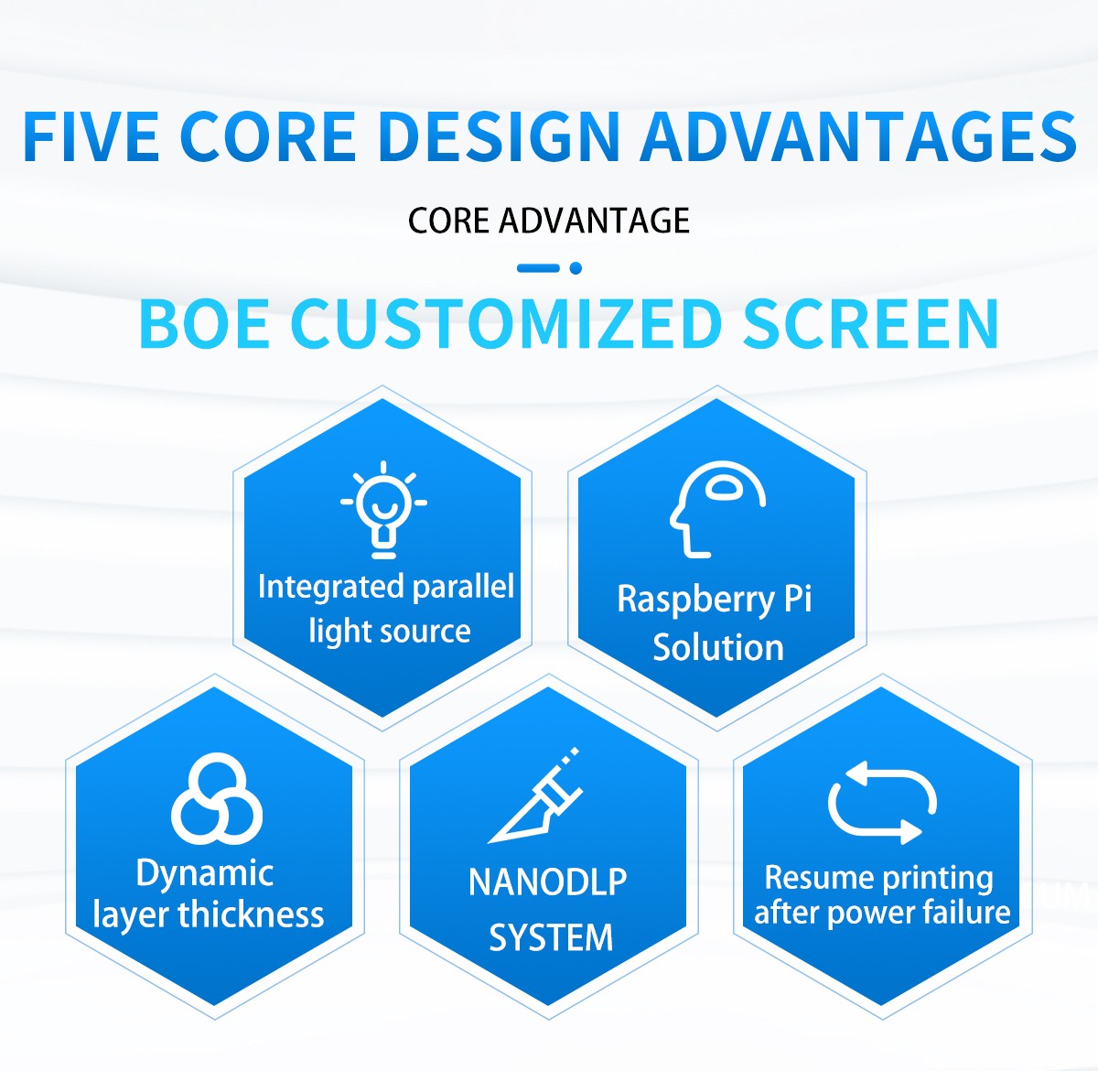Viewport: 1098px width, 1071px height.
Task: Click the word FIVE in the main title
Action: point(91,137)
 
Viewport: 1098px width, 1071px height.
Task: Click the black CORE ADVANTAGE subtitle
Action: point(548,221)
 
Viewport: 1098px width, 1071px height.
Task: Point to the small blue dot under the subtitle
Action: point(576,268)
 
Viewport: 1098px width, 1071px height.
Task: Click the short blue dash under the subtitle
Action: point(538,268)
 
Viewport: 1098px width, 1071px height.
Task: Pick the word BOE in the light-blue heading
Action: point(204,325)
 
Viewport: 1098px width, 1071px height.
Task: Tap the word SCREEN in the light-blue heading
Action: point(870,325)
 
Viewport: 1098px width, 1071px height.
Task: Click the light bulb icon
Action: point(383,510)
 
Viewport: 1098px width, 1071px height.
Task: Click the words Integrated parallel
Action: point(386,587)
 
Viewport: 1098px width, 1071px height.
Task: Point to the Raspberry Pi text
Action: point(715,600)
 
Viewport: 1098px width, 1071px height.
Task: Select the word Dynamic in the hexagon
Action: point(205,874)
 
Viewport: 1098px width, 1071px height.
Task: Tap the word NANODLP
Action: point(547,882)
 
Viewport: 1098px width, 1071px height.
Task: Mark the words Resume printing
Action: point(878,879)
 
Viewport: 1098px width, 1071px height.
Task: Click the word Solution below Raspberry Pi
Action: point(718,647)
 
